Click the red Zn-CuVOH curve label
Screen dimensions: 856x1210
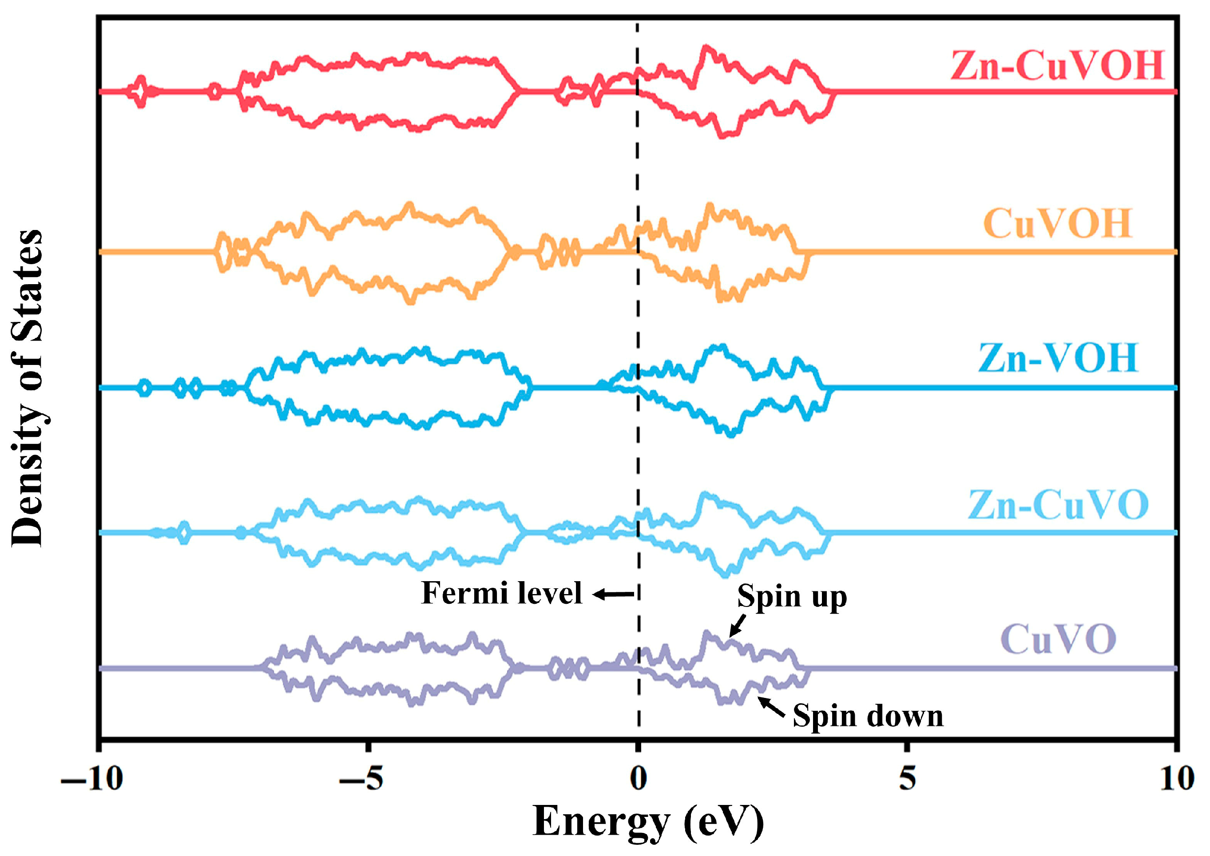[x=1057, y=67]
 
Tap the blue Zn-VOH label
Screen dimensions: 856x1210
[x=1058, y=358]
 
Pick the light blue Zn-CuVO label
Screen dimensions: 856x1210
[x=1058, y=505]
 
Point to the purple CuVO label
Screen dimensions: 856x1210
[x=1058, y=639]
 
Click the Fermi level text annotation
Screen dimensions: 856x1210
[x=502, y=593]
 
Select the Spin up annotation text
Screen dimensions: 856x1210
[x=792, y=597]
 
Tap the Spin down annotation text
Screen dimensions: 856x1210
[x=868, y=716]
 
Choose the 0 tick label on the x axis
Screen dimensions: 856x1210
[x=638, y=779]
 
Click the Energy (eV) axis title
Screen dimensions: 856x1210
[x=648, y=822]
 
